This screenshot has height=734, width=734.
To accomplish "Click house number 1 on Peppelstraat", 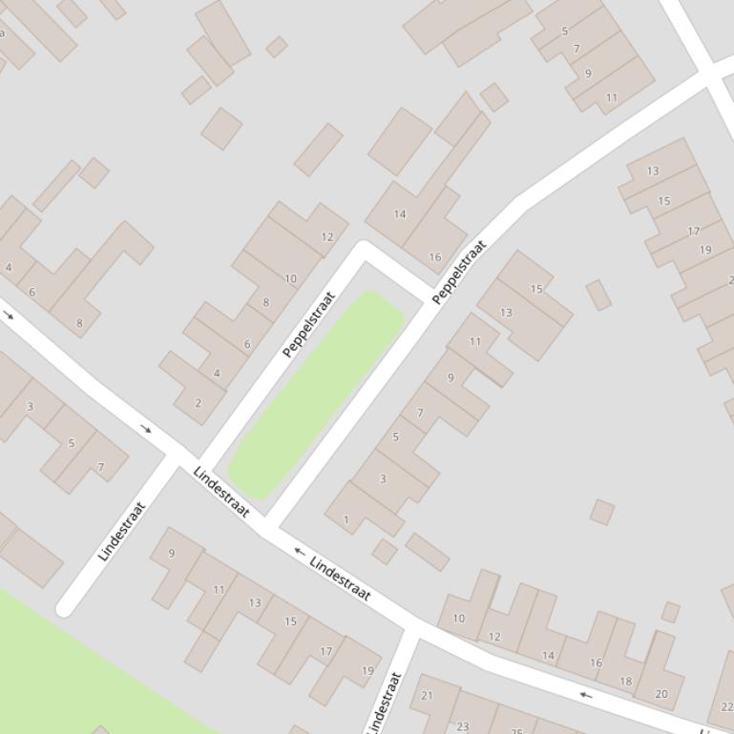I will click(x=346, y=520).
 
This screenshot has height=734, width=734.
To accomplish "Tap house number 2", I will click(x=199, y=403).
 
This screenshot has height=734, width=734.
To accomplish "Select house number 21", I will click(x=427, y=695).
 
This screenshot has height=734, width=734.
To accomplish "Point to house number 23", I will click(x=463, y=726).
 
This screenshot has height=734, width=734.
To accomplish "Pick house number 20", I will click(x=661, y=694).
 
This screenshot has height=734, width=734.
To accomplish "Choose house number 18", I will click(x=626, y=682).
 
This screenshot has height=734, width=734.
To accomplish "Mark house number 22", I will click(x=727, y=707).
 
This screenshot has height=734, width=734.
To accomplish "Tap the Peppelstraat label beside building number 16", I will click(x=459, y=272).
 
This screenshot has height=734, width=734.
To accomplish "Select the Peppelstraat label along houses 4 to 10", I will click(x=310, y=325).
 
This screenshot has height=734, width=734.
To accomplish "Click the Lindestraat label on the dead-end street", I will click(x=121, y=531).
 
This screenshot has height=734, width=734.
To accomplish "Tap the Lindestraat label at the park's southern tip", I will click(x=221, y=492).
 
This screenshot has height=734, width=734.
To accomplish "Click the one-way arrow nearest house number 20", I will click(x=586, y=695).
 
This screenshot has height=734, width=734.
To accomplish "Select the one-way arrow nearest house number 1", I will click(x=299, y=551).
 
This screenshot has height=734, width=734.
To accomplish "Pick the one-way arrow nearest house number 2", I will click(x=146, y=429).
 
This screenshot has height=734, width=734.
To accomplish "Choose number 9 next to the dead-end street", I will click(x=172, y=553).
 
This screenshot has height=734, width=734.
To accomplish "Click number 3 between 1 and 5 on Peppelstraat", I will click(x=383, y=479).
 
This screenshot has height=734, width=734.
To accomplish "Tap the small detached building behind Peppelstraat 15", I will click(x=598, y=295).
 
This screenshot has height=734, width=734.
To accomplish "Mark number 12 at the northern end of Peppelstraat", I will click(x=327, y=236).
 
